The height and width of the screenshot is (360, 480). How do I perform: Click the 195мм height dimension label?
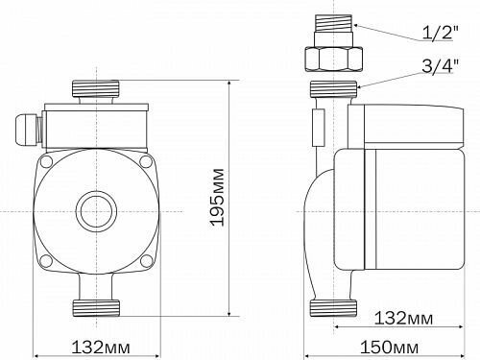click(x=218, y=197)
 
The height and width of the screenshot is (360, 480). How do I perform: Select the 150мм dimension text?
click(x=389, y=347)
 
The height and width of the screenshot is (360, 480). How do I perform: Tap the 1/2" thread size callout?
click(x=441, y=33)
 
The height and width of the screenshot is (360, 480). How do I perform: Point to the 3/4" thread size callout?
click(x=440, y=66)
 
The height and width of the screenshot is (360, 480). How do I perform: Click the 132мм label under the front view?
click(x=101, y=347)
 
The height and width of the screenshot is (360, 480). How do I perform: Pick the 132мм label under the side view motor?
click(x=403, y=318)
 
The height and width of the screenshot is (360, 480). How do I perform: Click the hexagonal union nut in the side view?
click(x=333, y=59)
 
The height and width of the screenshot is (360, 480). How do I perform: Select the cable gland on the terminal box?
click(x=28, y=130)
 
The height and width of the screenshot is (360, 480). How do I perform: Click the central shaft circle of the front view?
click(x=96, y=211)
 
